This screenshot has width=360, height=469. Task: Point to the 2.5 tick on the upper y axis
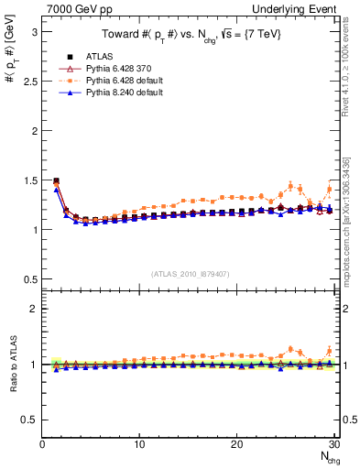coord(27,81)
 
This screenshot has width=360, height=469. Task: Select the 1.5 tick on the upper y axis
coord(27,180)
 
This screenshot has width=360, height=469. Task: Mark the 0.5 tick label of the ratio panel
coord(27,420)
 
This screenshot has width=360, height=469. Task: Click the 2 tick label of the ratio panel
coord(32,309)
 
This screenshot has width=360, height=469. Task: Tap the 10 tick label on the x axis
coord(139,444)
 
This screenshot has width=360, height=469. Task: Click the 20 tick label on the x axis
coord(236,444)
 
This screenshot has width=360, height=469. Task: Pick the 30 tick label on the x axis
coord(333,444)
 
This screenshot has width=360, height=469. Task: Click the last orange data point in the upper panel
coord(330,190)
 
